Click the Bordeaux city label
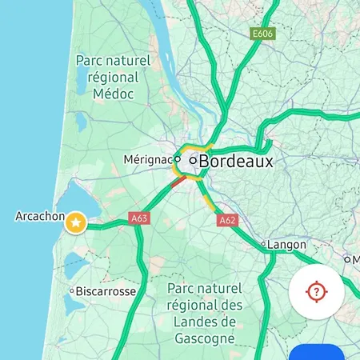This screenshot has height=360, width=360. [236, 162]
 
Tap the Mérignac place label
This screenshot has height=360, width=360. [147, 160]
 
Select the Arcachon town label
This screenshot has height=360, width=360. [39, 216]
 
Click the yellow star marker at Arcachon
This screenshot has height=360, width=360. [76, 222]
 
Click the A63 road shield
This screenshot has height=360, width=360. [139, 218]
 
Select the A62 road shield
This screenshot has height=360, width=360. [227, 220]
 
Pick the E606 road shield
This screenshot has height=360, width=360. [262, 34]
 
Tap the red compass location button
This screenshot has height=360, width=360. [317, 290]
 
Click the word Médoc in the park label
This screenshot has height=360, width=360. [112, 94]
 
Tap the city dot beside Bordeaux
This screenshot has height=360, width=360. [193, 161]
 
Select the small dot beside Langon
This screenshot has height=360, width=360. [262, 243]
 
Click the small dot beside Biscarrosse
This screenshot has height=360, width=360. [72, 292]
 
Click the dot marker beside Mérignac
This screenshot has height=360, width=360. [178, 159]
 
